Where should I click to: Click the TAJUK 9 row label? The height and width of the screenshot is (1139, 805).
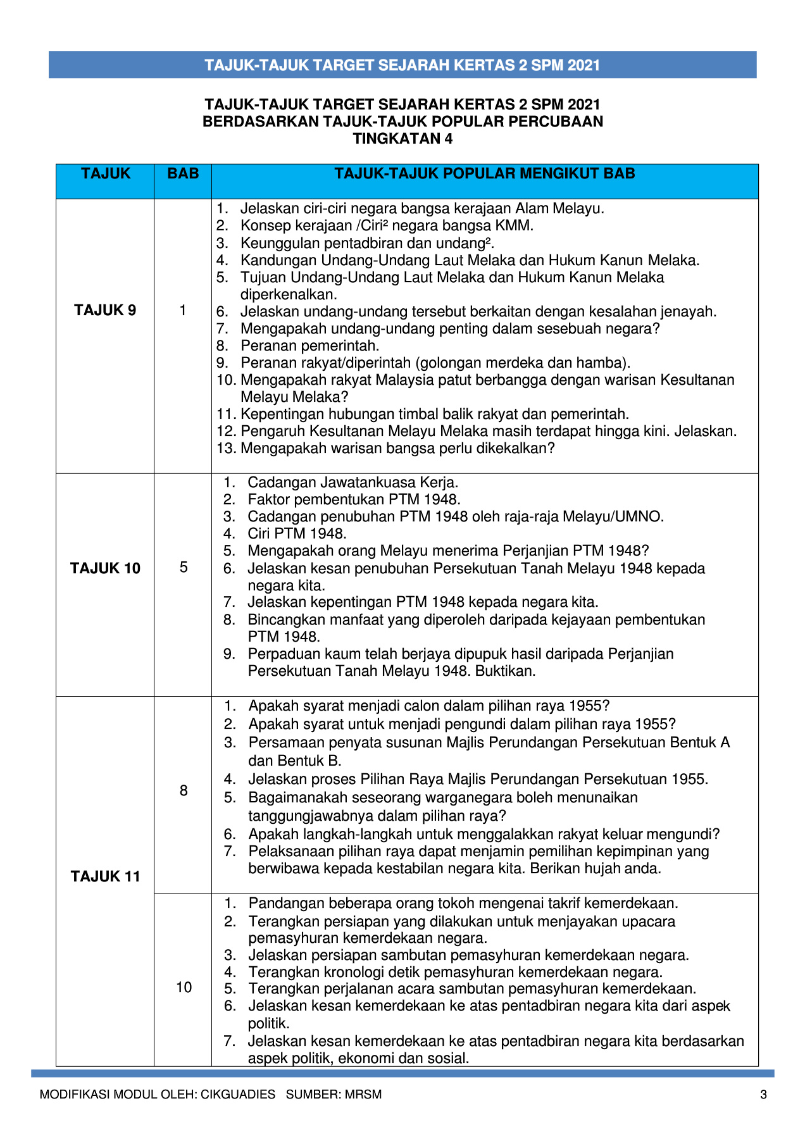click(105, 310)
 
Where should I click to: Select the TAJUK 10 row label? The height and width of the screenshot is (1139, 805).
click(105, 568)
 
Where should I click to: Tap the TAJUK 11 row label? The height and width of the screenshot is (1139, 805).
click(105, 876)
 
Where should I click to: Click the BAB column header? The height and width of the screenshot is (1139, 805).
click(183, 173)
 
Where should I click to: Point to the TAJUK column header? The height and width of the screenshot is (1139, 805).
click(106, 173)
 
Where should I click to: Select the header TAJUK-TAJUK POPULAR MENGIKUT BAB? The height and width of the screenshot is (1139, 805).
click(484, 173)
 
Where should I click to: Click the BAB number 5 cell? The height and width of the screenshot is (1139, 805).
click(184, 567)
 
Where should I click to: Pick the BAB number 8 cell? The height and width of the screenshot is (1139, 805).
click(184, 790)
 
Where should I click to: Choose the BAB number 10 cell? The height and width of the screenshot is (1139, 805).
click(184, 987)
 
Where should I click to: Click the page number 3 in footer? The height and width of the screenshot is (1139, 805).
click(763, 1095)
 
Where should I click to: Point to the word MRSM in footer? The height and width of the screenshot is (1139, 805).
click(363, 1095)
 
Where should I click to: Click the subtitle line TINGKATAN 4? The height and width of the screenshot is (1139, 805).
click(403, 139)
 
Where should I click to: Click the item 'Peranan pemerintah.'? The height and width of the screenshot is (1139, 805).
click(309, 346)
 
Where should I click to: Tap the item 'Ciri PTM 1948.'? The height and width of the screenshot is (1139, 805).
click(297, 533)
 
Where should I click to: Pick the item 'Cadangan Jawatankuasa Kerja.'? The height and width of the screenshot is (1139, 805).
click(353, 482)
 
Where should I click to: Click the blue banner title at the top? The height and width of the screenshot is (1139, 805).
click(403, 65)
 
